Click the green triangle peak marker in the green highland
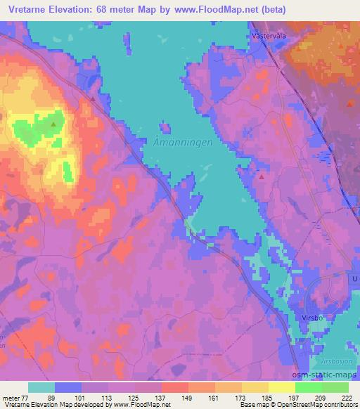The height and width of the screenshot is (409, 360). pos(53,124)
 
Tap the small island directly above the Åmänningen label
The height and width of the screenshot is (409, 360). pos(165,127)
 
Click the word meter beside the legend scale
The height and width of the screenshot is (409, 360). pos(11,398)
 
